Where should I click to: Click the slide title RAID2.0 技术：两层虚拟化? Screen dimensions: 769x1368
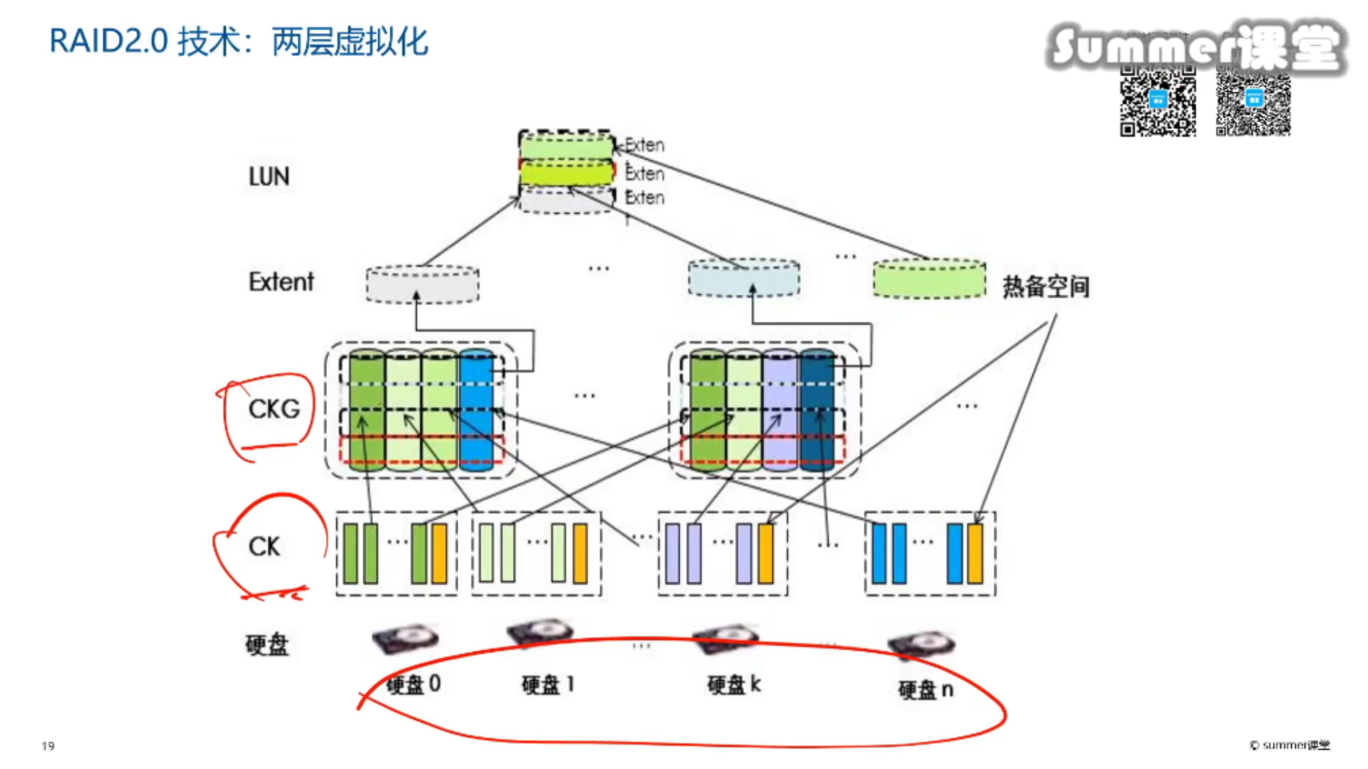click(x=238, y=42)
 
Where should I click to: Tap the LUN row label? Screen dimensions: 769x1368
click(x=269, y=176)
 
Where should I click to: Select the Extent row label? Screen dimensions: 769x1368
click(x=281, y=282)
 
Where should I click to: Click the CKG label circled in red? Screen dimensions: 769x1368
click(x=274, y=409)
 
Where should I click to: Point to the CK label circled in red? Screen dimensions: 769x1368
click(x=265, y=546)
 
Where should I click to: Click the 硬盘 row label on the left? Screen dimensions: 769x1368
click(x=267, y=644)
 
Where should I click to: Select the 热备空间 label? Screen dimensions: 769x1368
click(x=1046, y=287)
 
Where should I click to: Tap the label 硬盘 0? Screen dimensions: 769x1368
click(x=414, y=684)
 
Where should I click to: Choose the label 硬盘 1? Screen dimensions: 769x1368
click(x=548, y=685)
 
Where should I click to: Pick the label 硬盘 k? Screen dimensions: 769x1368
click(x=734, y=685)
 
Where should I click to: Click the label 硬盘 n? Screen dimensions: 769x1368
click(x=926, y=690)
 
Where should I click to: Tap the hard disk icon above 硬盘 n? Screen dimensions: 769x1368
click(x=921, y=644)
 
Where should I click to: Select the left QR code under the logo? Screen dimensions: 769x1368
click(x=1158, y=101)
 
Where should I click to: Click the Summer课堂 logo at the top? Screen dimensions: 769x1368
click(x=1196, y=46)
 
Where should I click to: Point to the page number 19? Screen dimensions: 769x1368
click(x=48, y=746)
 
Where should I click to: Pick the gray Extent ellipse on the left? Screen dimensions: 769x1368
click(x=423, y=284)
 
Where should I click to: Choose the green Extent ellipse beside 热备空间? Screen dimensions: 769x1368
click(x=929, y=279)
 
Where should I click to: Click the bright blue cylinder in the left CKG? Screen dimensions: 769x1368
click(x=477, y=411)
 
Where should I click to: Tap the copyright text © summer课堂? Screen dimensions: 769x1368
click(x=1289, y=745)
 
